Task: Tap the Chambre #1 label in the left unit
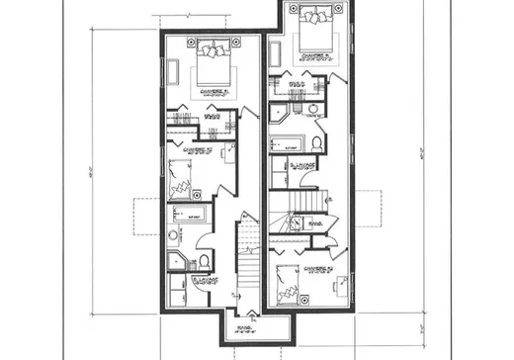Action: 214,90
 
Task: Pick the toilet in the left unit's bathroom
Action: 203,260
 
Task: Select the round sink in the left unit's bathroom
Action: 174,235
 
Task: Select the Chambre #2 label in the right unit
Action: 317,268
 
